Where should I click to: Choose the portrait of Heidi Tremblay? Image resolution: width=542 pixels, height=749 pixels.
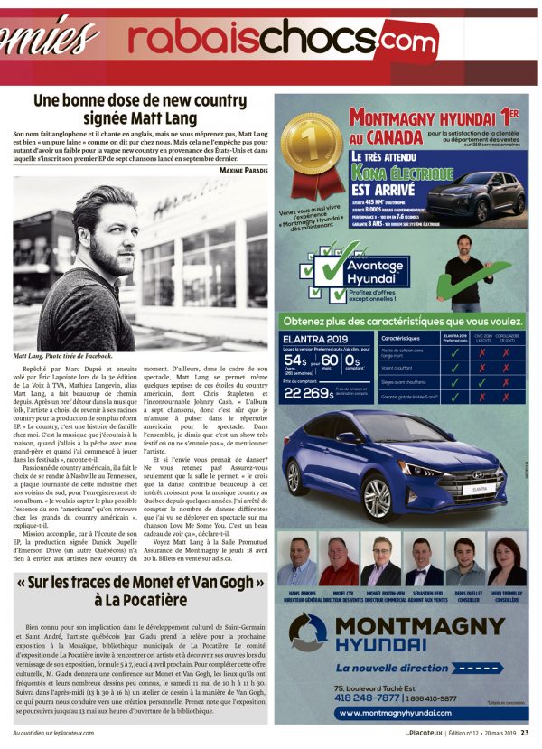[506, 560]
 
